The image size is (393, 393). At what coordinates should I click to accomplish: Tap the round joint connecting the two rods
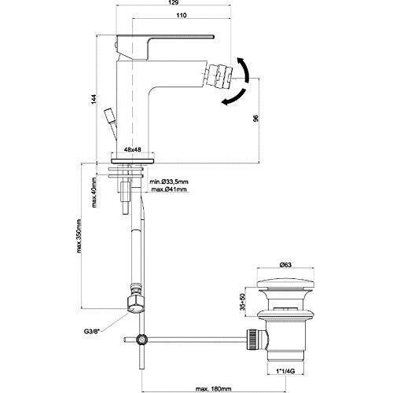coord(141,340)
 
